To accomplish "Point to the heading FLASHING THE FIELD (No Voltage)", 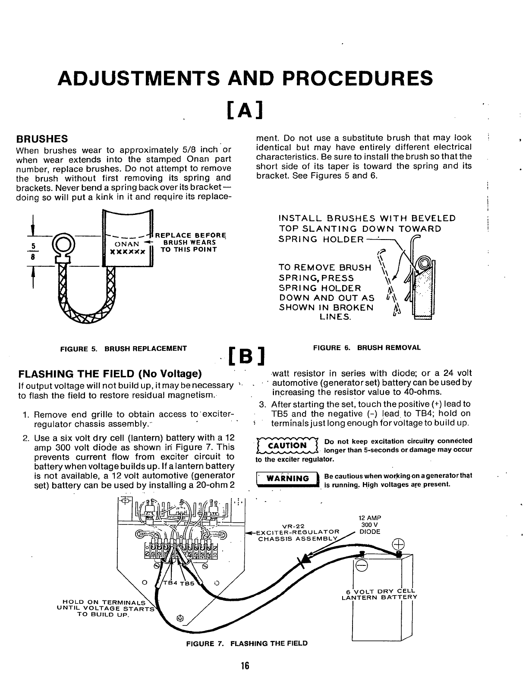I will [110, 373].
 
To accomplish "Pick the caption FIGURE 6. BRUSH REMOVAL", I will [366, 347].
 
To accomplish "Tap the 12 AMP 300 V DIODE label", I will [370, 525].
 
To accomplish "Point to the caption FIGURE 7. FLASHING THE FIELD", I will [247, 644].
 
